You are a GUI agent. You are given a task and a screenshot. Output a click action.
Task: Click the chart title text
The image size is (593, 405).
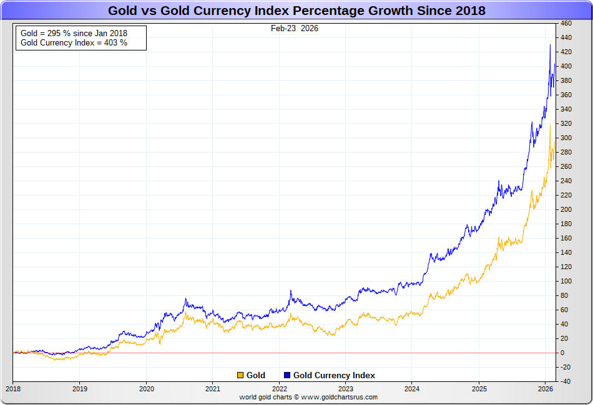(x=296, y=11)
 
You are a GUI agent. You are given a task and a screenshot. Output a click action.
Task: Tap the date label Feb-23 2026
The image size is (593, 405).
(x=295, y=28)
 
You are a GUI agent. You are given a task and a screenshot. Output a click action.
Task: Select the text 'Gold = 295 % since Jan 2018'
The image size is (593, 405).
(x=74, y=33)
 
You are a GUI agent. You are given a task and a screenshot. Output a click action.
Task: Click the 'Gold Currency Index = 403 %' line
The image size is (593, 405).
(x=74, y=43)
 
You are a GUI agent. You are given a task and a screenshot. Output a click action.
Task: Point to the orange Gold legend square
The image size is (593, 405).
(x=240, y=375)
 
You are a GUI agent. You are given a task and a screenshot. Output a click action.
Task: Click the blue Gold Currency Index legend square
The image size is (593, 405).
(x=287, y=375)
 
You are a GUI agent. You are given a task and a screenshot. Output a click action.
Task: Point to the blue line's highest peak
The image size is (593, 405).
(x=550, y=45)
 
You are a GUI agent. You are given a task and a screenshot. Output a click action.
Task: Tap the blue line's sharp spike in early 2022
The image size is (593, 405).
(x=291, y=291)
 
